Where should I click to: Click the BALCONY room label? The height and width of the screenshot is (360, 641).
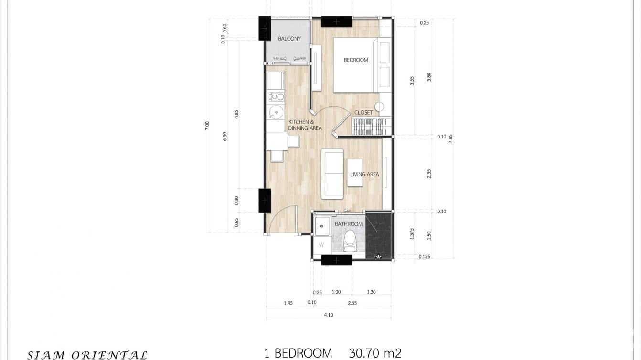coord(289,39)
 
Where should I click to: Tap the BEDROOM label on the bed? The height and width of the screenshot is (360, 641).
coord(356,60)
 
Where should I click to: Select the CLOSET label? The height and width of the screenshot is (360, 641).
coord(363,113)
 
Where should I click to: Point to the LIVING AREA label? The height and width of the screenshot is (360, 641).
coord(364,174)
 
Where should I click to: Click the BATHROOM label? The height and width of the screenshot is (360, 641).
coord(348,224)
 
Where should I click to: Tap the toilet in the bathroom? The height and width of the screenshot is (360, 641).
coord(350,240)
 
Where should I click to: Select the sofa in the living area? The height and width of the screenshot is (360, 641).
coord(332,174)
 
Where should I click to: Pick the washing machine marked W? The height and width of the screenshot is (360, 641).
coord(321,245)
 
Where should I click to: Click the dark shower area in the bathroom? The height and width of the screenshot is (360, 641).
coord(378,235)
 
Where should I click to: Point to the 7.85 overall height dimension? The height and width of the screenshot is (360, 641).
coord(450,138)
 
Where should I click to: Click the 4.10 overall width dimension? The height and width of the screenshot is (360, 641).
coord(329,315)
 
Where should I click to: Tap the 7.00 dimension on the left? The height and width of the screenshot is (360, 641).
coord(207,126)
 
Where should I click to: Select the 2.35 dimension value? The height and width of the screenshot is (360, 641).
coord(429,174)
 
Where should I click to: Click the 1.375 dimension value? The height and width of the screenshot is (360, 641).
coord(412,233)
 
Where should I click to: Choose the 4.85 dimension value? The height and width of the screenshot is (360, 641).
coord(236,114)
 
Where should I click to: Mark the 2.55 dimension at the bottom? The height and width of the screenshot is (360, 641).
coord(352,303)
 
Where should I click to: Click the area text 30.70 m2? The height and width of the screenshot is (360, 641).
coord(375,353)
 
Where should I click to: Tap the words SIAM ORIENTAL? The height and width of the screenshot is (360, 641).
coord(87,355)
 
